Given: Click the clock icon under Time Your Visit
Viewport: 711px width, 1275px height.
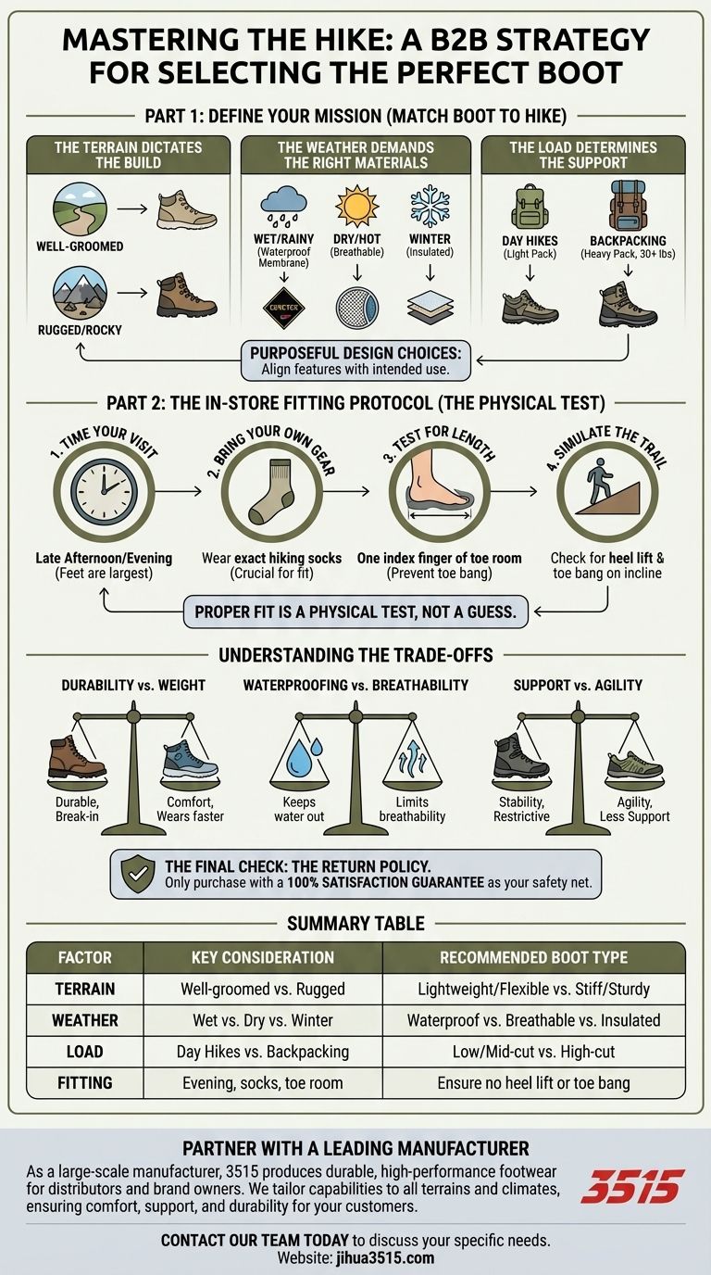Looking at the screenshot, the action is (x=104, y=491).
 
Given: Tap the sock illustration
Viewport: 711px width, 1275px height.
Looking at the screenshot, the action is (x=270, y=492).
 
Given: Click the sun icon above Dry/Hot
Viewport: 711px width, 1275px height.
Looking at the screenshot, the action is (x=356, y=206).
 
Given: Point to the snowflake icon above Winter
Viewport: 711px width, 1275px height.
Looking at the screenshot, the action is (x=430, y=206).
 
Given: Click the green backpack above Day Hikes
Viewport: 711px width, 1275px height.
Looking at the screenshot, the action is (x=530, y=206).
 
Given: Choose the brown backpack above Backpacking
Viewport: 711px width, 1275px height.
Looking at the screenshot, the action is (x=628, y=206).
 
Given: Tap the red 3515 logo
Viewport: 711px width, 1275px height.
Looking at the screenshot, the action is (x=632, y=1187).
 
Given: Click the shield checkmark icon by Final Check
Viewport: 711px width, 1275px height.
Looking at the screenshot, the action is (x=138, y=874).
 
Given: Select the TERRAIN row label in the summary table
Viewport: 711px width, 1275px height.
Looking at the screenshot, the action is (x=85, y=989).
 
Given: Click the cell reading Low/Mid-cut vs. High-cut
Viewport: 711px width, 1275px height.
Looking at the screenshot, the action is (x=533, y=1052).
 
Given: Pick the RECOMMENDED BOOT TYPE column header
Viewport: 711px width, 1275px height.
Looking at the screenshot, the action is (x=533, y=957).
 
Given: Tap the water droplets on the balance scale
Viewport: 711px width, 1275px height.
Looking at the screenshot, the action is (x=300, y=755).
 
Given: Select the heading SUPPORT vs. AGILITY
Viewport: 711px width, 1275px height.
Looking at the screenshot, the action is (x=578, y=686).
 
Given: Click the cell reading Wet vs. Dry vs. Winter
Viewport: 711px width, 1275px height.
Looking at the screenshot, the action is (x=263, y=1020).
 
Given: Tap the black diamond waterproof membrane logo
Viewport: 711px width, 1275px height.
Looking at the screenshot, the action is (x=284, y=308).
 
